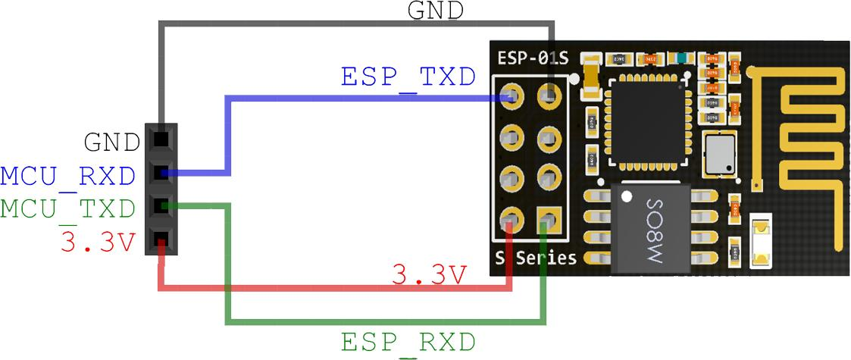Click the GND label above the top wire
[x=435, y=11]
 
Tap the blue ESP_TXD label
[x=408, y=77]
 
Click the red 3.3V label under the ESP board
[x=429, y=274]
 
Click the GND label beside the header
[x=111, y=142]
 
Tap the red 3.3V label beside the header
[x=98, y=243]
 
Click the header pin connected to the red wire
[x=161, y=243]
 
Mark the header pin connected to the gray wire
[x=161, y=139]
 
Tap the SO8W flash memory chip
[x=652, y=227]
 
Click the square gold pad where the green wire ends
[x=548, y=221]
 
